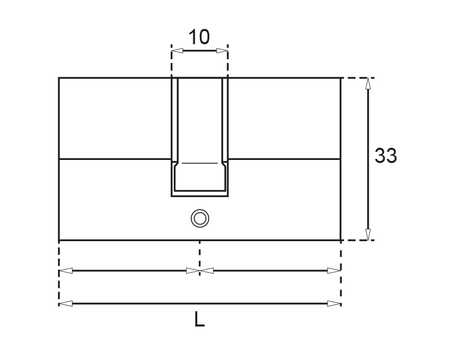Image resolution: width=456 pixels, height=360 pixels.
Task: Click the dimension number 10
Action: click(x=199, y=38)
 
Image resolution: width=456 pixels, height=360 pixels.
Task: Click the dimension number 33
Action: click(x=385, y=156)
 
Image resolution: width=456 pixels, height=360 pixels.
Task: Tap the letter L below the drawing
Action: click(x=200, y=319)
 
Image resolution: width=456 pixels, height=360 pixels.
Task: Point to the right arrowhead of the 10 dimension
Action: click(x=222, y=50)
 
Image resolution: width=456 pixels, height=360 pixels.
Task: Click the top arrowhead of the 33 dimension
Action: click(x=368, y=84)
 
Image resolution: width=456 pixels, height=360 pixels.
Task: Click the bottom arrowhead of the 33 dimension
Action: click(x=368, y=234)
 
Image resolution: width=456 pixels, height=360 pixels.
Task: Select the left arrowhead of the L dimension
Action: click(x=65, y=304)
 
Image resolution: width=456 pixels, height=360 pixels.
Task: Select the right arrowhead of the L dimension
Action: click(x=334, y=304)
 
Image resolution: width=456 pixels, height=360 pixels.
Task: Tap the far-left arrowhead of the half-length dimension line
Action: click(x=65, y=271)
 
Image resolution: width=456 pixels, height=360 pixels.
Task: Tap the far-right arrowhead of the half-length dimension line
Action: click(x=334, y=271)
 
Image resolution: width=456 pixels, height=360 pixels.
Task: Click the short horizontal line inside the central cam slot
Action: click(x=200, y=163)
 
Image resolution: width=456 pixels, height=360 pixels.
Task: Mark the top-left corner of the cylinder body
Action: click(x=59, y=78)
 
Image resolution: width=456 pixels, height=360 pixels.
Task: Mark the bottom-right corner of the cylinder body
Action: click(x=340, y=240)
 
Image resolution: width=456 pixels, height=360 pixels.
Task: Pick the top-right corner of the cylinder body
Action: click(x=340, y=78)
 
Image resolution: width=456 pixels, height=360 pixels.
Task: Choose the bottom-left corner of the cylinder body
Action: click(x=59, y=240)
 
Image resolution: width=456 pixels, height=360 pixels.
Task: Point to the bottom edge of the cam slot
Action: click(x=200, y=196)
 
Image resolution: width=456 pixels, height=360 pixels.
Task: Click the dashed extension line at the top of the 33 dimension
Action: click(x=358, y=78)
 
